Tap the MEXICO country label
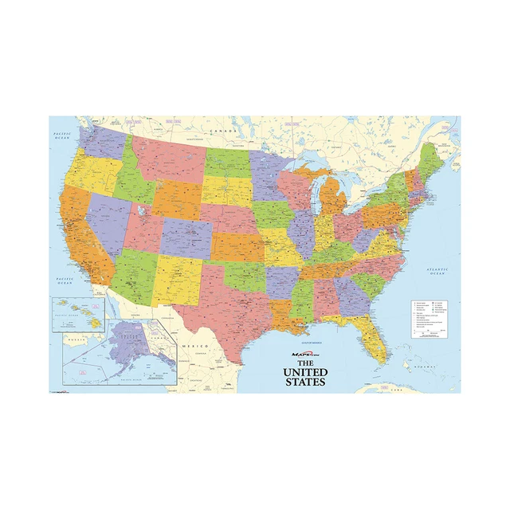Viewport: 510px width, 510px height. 196,347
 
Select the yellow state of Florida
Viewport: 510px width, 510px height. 375,335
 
